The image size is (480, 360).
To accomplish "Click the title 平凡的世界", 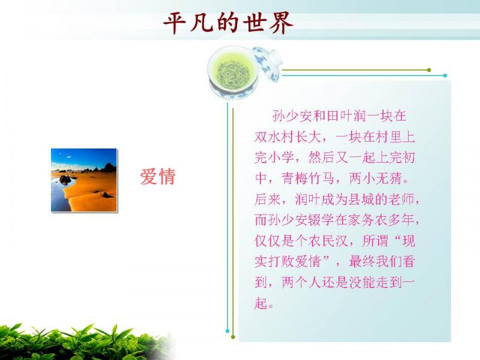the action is point(229,23).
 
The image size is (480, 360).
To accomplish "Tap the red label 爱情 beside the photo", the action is point(158,176).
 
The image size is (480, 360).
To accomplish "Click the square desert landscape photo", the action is point(84,180).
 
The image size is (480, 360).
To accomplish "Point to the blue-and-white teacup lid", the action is point(267,64).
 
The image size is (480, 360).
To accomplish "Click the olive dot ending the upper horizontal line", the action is point(429,70).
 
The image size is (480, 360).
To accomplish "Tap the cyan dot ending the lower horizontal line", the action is point(445,76).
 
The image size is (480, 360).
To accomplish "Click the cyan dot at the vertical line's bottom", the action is point(227,331).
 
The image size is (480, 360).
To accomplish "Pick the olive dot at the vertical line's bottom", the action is point(233,337).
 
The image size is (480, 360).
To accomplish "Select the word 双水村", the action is point(275,137).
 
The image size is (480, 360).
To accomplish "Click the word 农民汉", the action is point(328,241).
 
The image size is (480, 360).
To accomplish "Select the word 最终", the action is point(362,262).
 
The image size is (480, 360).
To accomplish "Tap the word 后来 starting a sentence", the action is point(268,200).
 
